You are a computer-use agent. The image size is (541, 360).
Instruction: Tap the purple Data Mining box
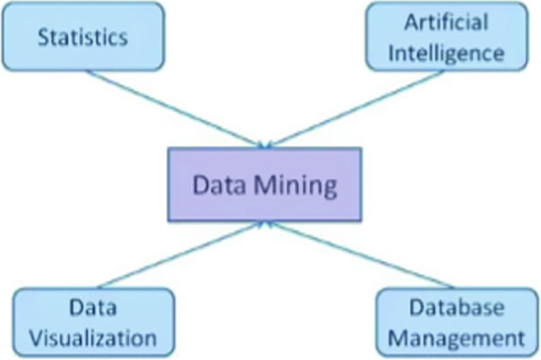tap(265, 186)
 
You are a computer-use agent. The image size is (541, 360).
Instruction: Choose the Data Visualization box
tap(93, 322)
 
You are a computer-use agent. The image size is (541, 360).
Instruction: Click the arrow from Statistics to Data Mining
tap(174, 108)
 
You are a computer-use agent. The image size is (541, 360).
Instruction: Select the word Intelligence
tap(445, 53)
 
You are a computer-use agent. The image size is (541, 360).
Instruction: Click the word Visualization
tap(93, 338)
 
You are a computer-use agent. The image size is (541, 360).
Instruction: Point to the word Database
tap(456, 308)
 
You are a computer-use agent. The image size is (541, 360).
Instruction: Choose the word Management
tap(456, 339)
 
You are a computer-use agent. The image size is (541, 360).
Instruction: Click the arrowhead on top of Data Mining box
tap(265, 143)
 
